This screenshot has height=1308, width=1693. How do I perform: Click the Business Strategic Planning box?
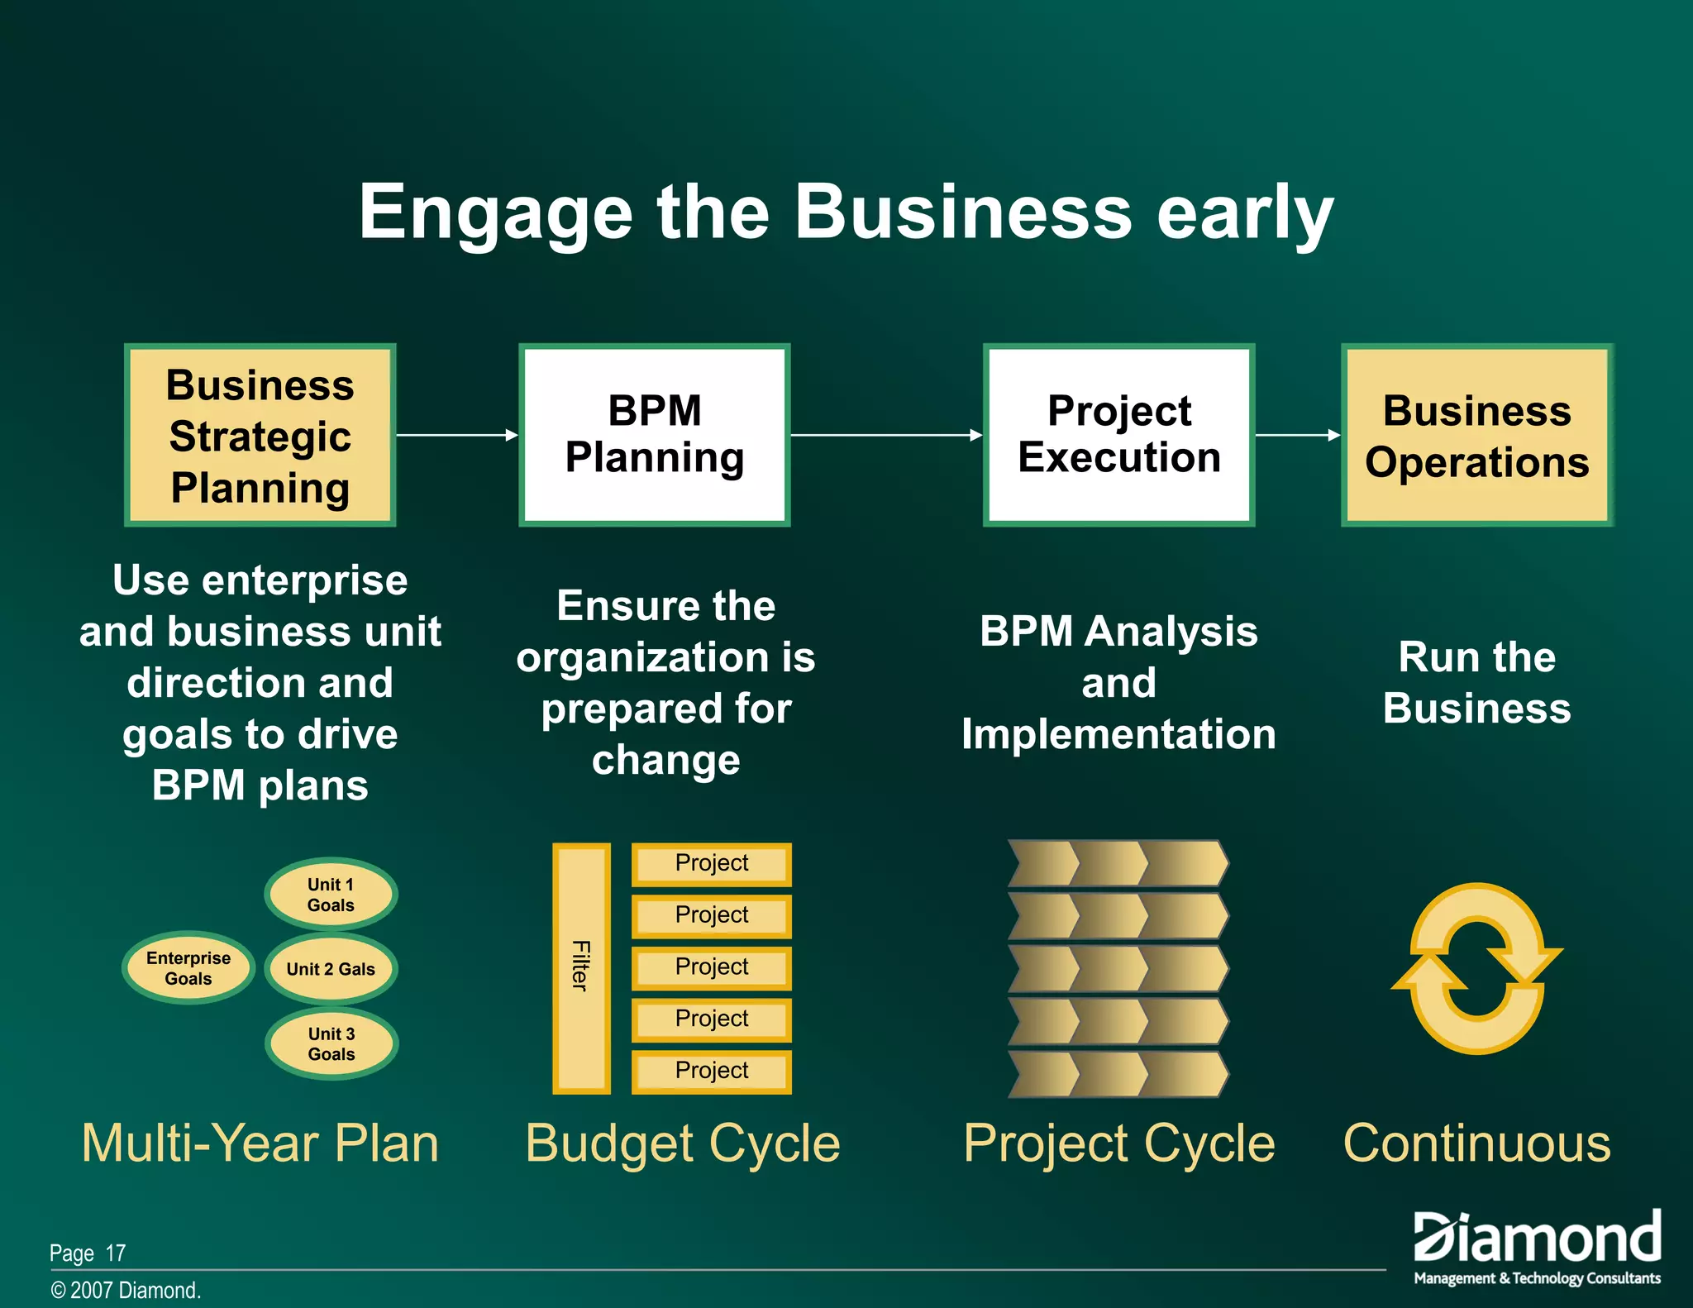(x=260, y=435)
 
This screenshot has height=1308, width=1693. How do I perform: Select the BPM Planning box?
(x=654, y=435)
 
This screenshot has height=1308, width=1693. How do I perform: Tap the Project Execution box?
(x=1118, y=435)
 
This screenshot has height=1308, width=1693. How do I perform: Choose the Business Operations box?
(x=1476, y=435)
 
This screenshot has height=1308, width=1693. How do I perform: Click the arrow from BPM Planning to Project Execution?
(x=885, y=435)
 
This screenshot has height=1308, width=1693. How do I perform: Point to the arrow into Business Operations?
(x=1297, y=435)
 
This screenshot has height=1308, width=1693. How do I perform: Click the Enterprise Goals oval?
(x=188, y=967)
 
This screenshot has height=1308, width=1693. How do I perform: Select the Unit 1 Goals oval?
(x=331, y=894)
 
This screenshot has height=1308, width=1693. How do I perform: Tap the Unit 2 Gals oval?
(x=331, y=968)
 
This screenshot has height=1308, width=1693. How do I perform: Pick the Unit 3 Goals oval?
(x=331, y=1043)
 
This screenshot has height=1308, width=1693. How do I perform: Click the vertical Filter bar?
(x=581, y=967)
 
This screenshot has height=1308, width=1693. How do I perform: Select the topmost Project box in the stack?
(x=711, y=864)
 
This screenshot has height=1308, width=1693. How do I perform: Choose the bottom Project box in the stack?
(x=711, y=1072)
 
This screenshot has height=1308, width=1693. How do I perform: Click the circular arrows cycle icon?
(x=1476, y=968)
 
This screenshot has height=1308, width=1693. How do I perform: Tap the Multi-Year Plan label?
(x=260, y=1143)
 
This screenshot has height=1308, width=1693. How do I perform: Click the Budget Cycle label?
(x=683, y=1143)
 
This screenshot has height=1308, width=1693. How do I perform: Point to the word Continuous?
(x=1476, y=1143)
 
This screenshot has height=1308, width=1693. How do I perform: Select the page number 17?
(x=116, y=1253)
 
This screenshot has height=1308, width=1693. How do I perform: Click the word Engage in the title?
(x=494, y=213)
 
